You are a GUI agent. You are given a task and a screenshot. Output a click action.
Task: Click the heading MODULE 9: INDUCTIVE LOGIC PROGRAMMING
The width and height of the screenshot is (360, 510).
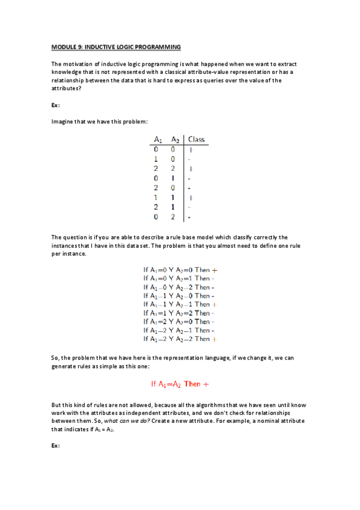click(x=116, y=47)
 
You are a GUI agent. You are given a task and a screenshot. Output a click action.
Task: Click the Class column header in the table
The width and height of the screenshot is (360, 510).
click(x=196, y=140)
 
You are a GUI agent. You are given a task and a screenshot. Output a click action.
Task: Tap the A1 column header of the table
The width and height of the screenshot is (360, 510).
click(x=156, y=140)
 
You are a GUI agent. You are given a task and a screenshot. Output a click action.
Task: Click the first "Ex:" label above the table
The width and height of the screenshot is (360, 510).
click(x=55, y=105)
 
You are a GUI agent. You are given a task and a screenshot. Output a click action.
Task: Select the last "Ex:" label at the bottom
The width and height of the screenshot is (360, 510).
click(x=55, y=446)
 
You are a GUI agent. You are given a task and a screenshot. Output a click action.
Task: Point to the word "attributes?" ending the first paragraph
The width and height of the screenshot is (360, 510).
click(x=66, y=88)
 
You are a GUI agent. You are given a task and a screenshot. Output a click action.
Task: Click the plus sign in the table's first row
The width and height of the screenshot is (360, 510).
click(x=191, y=149)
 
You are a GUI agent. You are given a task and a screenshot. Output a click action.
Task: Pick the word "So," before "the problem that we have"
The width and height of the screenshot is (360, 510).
click(x=56, y=358)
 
